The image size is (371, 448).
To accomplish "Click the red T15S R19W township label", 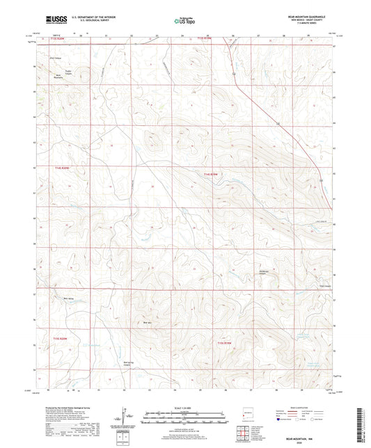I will coord(223,342).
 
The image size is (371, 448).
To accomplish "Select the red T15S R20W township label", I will coord(62,339).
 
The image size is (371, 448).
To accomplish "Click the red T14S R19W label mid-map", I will coord(211,174).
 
